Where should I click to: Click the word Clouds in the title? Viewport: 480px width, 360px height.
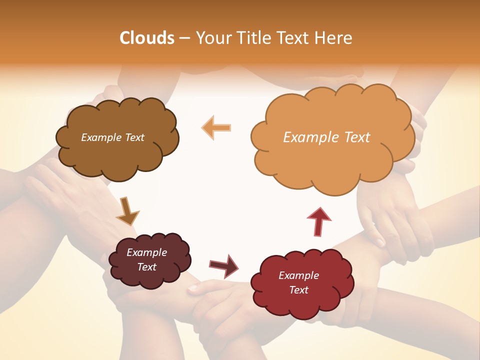[146, 38]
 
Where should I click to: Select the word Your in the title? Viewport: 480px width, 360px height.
[213, 38]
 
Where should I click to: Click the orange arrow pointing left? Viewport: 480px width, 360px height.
[216, 127]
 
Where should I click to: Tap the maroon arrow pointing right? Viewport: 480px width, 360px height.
[224, 266]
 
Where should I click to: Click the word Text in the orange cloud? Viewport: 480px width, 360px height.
[356, 137]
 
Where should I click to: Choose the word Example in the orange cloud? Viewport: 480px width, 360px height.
[310, 137]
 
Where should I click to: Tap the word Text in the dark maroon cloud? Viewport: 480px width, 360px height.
[147, 267]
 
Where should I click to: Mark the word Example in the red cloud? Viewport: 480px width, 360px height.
[298, 275]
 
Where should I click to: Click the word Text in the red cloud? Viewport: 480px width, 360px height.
[298, 290]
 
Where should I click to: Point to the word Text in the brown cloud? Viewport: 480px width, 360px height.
[134, 137]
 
